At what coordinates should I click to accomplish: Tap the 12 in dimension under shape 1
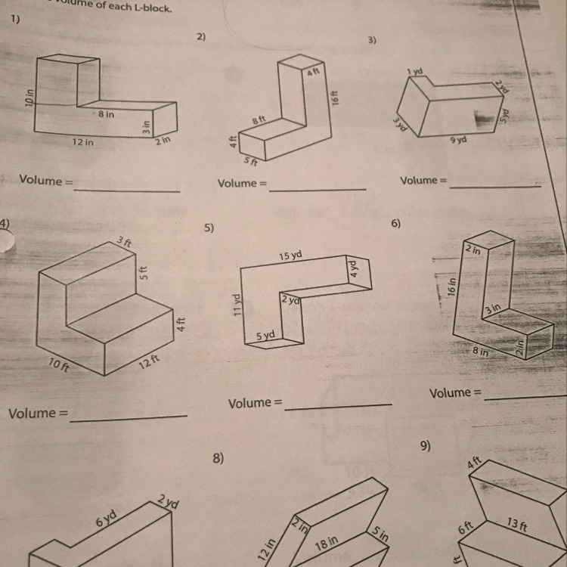(x=84, y=142)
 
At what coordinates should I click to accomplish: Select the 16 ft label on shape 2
(x=335, y=98)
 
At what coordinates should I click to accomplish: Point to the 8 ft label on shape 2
(x=259, y=119)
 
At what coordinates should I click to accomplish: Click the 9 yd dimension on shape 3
(x=457, y=141)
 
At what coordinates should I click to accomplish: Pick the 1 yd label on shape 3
(x=414, y=72)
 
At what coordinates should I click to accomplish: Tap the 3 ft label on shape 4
(x=124, y=242)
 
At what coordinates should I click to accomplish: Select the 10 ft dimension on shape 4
(x=58, y=366)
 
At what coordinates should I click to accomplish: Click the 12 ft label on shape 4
(x=149, y=361)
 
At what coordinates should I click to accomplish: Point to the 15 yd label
(x=290, y=256)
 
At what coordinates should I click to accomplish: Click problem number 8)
(x=218, y=457)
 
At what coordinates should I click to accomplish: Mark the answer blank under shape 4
(x=128, y=416)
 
